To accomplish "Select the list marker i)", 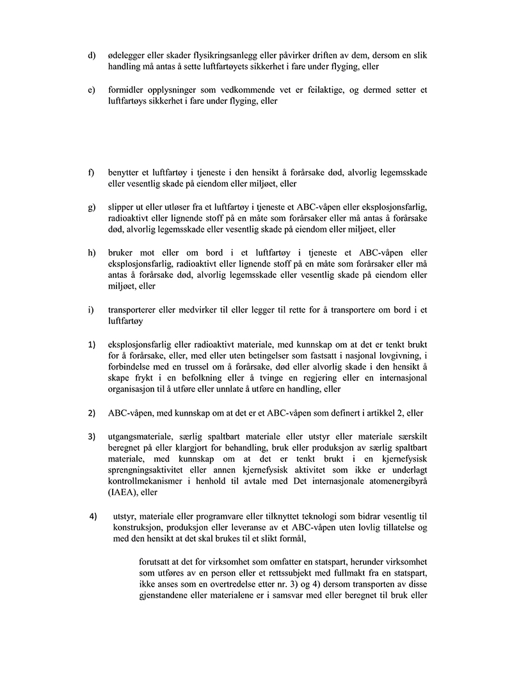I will [91, 311].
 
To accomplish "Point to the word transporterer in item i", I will [136, 311].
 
